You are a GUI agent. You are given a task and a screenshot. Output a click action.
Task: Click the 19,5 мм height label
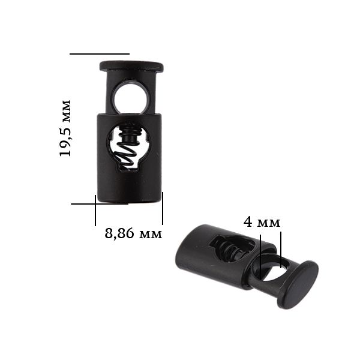[65, 128]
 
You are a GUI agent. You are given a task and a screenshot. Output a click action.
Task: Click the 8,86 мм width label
[133, 233]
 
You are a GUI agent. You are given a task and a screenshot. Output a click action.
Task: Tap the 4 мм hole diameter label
[262, 222]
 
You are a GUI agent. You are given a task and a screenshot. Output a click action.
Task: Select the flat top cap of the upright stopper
[131, 67]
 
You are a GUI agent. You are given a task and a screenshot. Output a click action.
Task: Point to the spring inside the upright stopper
[128, 149]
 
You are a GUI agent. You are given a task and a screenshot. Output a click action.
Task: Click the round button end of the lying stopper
[298, 284]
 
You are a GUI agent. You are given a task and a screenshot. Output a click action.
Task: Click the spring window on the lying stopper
[232, 248]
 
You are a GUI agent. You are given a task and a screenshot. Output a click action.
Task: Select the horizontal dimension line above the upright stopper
[100, 54]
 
